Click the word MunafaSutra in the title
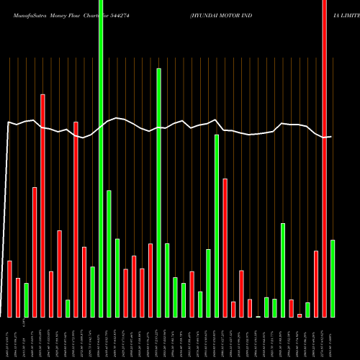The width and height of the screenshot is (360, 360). (25, 7)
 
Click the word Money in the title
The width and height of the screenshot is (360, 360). (62, 7)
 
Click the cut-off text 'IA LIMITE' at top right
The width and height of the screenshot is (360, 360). (339, 7)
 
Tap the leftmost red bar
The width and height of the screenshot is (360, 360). (9, 289)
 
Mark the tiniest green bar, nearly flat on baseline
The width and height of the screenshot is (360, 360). (258, 316)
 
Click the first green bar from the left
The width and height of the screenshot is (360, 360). (26, 300)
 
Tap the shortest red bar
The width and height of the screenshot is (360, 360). (300, 315)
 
